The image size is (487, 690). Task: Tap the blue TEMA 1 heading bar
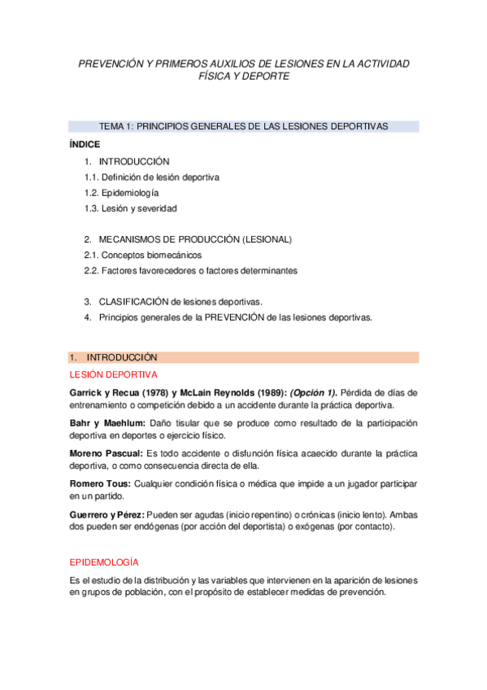[244, 126]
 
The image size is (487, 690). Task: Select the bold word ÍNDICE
[85, 144]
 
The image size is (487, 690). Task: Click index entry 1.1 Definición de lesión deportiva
[151, 177]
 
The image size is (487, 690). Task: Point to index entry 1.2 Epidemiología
[121, 193]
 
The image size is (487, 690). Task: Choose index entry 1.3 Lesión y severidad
[130, 208]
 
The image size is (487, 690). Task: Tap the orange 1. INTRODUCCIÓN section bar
[244, 357]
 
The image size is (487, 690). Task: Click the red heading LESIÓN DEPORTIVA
[114, 374]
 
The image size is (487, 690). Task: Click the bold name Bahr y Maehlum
[107, 423]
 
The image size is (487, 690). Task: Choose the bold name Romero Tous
[99, 483]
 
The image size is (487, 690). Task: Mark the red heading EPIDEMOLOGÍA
[105, 562]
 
